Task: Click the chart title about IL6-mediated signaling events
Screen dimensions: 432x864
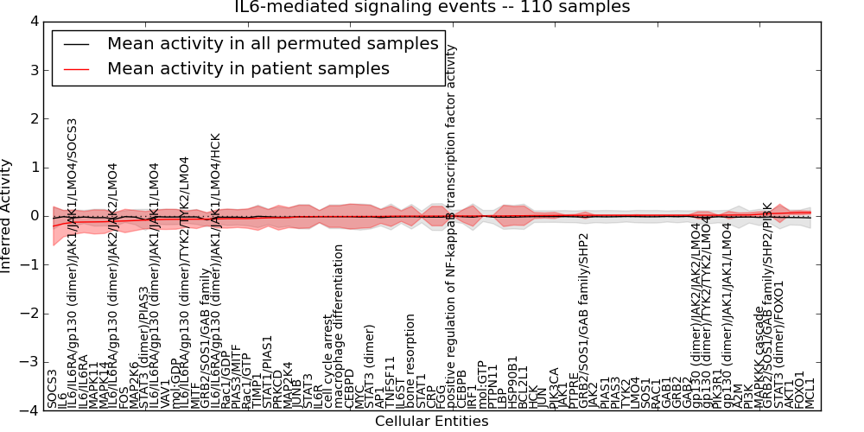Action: coord(432,8)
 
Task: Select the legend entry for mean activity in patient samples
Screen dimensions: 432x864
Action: coord(248,68)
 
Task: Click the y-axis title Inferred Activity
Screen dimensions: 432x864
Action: coord(8,215)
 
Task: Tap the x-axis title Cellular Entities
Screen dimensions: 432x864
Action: coord(431,422)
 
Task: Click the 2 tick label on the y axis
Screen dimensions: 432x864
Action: coord(33,118)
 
